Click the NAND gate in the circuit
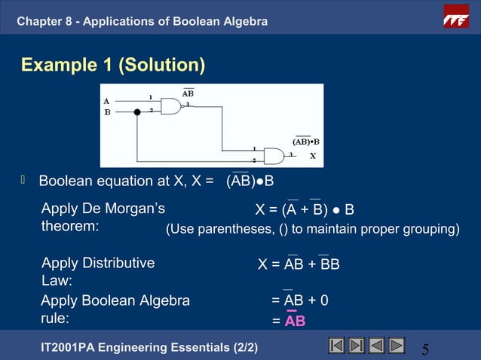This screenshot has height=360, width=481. pos(173,106)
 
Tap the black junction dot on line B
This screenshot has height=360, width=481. pos(137,112)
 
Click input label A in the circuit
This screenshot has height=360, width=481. pos(106,100)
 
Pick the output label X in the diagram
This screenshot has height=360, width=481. pos(312,157)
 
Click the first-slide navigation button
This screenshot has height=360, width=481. pos(337,346)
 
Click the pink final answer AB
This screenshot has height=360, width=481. pos(295,321)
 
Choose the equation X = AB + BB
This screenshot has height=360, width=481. pos(299,264)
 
